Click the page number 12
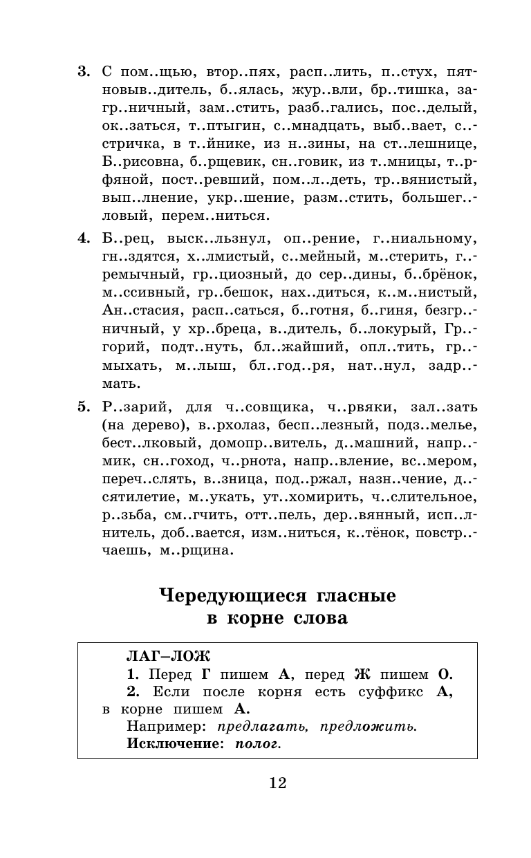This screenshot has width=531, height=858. tap(277, 783)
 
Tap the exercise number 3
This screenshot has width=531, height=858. tap(83, 71)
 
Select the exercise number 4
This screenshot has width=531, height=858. tap(83, 239)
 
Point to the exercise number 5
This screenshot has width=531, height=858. tap(83, 407)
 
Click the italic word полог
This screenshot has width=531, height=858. tap(259, 744)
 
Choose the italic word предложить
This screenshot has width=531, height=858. tap(374, 726)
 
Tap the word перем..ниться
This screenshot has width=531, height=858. tap(214, 216)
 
